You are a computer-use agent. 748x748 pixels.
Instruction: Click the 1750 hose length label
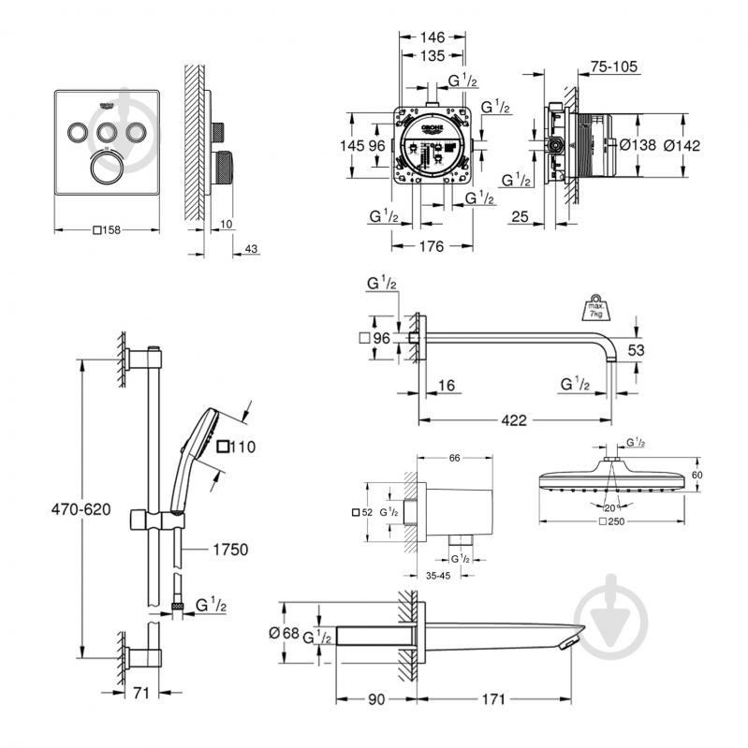(227, 550)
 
